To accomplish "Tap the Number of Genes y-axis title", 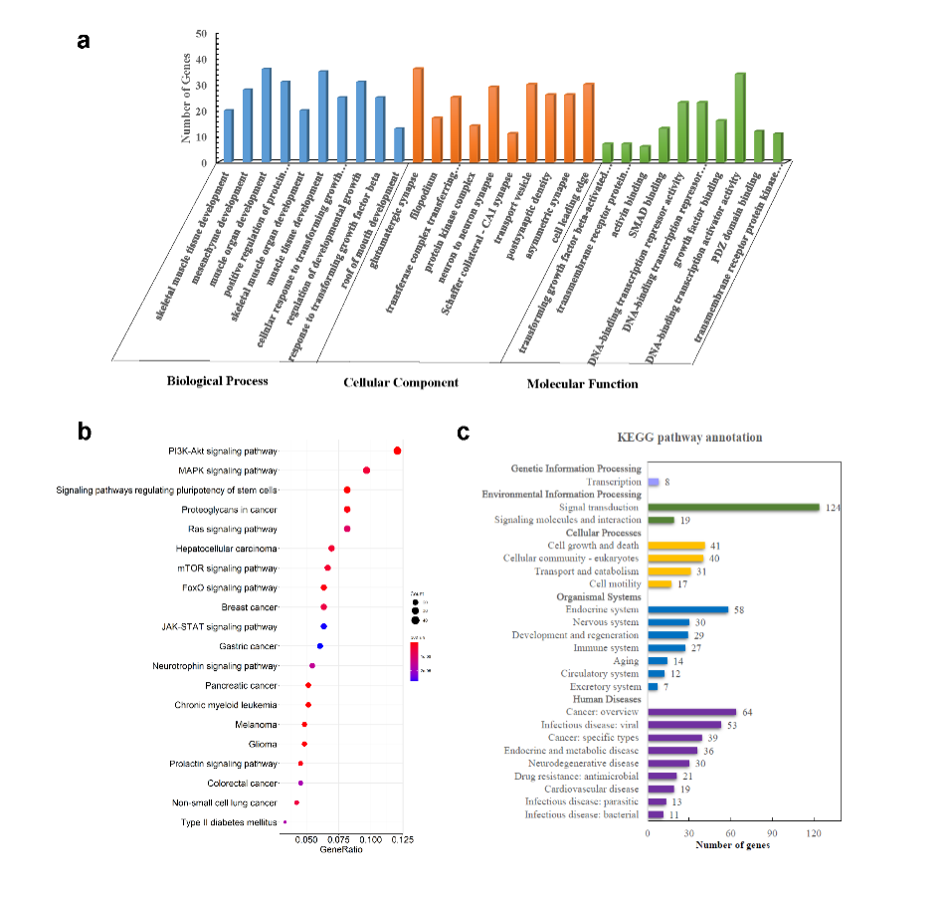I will [x=186, y=101].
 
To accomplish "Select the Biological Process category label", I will [x=217, y=380].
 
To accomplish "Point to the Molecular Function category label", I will [x=582, y=383].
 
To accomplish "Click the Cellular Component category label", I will [x=400, y=382].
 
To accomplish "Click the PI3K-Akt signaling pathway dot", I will [x=397, y=451].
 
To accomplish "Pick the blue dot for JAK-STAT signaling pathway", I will [x=323, y=626].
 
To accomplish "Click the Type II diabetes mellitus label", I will [x=229, y=822].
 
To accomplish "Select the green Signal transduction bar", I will [x=733, y=507].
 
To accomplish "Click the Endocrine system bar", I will [x=687, y=609].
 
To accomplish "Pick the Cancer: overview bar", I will [x=691, y=712].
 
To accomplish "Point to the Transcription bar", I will [x=653, y=482].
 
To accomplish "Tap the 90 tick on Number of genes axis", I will [x=772, y=832].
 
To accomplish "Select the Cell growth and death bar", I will [x=675, y=546].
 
